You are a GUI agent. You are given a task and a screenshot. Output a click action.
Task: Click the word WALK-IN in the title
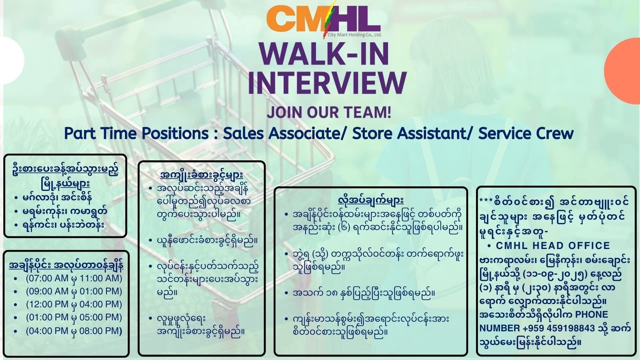click(x=327, y=53)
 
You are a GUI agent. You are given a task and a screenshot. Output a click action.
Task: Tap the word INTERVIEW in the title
click(x=327, y=82)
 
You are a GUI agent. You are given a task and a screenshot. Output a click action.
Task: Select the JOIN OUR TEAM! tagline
click(x=329, y=112)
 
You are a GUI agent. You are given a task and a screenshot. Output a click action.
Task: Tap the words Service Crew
click(x=526, y=133)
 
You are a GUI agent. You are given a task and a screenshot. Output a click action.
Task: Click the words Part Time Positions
click(x=136, y=133)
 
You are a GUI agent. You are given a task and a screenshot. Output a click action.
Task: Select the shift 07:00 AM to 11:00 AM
click(x=74, y=278)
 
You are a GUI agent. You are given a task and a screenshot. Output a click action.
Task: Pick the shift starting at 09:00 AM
click(x=74, y=291)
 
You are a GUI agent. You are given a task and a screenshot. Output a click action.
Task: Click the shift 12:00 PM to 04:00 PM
click(x=74, y=304)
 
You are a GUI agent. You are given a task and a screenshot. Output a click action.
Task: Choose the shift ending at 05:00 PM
click(x=74, y=317)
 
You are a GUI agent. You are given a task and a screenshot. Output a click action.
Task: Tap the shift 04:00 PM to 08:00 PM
click(x=74, y=331)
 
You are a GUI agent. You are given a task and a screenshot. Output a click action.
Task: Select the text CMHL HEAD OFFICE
click(x=553, y=246)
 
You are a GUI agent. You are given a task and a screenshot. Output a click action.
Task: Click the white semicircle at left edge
click(x=12, y=60)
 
